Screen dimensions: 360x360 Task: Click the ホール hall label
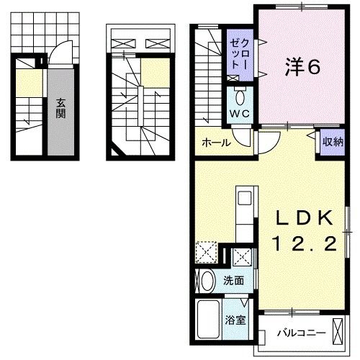pyautogui.click(x=216, y=143)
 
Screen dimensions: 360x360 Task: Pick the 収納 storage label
pyautogui.click(x=332, y=141)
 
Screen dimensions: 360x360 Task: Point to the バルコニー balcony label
pyautogui.click(x=302, y=333)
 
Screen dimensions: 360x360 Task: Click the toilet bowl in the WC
pyautogui.click(x=240, y=96)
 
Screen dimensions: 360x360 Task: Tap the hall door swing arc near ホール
pyautogui.click(x=265, y=144)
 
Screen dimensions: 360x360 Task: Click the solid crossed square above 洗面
pyautogui.click(x=243, y=256)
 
